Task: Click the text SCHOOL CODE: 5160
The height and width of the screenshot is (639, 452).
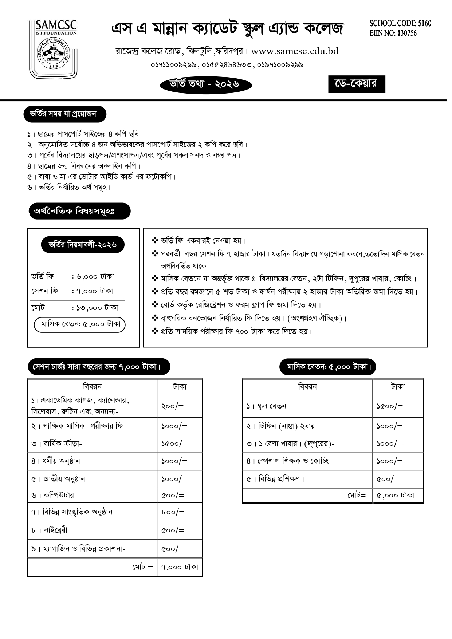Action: tap(400, 24)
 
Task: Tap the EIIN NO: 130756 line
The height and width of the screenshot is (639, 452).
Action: tap(393, 33)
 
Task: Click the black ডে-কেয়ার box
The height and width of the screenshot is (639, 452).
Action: tap(356, 84)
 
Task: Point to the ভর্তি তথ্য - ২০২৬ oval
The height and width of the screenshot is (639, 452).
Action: tap(206, 84)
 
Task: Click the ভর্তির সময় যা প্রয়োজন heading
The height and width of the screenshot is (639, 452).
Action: tap(65, 114)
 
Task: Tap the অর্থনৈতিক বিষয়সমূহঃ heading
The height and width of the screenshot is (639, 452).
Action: tap(79, 211)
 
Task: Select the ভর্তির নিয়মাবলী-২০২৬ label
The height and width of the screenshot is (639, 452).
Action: tap(83, 245)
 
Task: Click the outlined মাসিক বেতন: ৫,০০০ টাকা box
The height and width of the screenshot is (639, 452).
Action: tap(79, 325)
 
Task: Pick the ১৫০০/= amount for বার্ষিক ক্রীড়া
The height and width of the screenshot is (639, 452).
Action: tap(174, 444)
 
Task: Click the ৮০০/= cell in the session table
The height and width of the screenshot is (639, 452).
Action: tap(173, 512)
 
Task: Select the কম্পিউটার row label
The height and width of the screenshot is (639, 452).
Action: tap(54, 495)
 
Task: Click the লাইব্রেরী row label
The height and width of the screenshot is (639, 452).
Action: tap(51, 530)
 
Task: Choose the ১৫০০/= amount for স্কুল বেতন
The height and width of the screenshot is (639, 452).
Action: tap(389, 406)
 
